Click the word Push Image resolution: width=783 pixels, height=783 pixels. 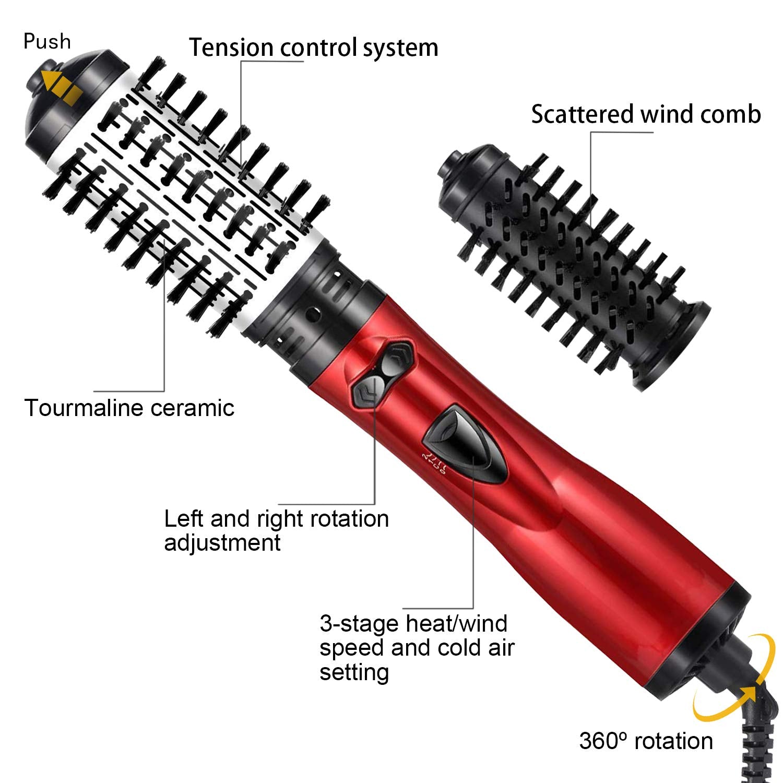[x=47, y=41]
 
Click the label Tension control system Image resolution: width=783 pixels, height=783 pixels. [x=313, y=48]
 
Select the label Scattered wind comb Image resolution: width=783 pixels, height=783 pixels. [x=646, y=114]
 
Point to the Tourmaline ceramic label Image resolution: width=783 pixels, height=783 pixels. [x=129, y=408]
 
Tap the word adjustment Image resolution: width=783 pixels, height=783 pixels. [x=222, y=543]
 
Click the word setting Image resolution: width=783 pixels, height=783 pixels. [x=354, y=672]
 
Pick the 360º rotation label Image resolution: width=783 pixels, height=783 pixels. [x=646, y=741]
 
